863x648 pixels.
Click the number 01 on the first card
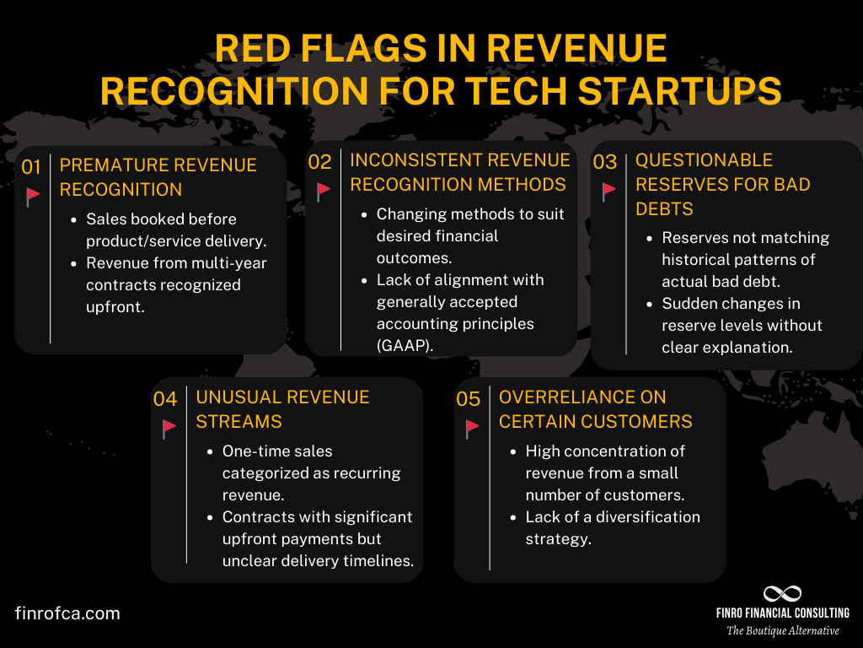31,167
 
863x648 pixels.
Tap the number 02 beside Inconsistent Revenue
319,162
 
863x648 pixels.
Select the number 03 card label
605,162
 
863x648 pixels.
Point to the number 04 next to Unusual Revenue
165,399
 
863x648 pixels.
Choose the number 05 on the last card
469,399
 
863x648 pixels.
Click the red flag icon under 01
33,197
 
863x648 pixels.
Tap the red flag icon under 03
608,192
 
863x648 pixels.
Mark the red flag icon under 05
472,429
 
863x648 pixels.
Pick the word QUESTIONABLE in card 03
704,160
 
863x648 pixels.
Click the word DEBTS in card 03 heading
664,209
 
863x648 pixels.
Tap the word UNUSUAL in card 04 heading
239,397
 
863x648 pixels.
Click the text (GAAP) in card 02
405,345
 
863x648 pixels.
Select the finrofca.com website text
67,613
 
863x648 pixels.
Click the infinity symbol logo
782,593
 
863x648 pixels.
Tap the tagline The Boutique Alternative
783,630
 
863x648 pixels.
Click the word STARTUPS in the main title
680,91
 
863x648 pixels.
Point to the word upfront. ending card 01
115,307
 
